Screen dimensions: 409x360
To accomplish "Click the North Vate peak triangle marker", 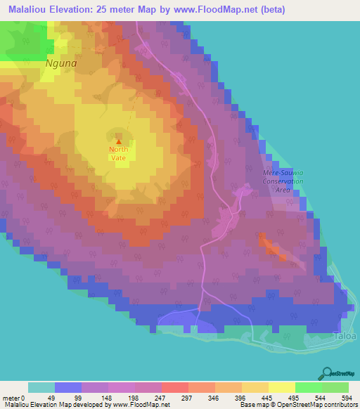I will tap(118, 141).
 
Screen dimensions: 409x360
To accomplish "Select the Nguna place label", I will tap(60, 62).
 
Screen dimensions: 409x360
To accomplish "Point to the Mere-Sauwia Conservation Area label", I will tap(282, 181).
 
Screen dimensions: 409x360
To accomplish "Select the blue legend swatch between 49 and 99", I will tap(68, 387).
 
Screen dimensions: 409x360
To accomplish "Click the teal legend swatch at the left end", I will tap(41, 387).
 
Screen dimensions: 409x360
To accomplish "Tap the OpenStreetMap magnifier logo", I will tap(328, 372).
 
